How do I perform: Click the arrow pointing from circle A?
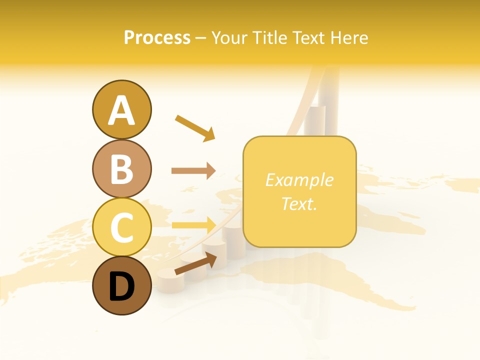(x=195, y=128)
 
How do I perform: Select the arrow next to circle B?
(x=193, y=171)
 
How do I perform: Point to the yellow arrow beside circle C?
(x=193, y=224)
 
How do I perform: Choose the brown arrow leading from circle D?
(x=195, y=264)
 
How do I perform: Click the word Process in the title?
(x=157, y=38)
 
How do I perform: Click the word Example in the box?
(x=299, y=180)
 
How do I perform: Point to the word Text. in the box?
(x=299, y=204)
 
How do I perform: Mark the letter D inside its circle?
(x=121, y=286)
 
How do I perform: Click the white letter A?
(x=121, y=110)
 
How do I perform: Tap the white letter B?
(x=121, y=169)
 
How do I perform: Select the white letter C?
(x=121, y=228)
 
